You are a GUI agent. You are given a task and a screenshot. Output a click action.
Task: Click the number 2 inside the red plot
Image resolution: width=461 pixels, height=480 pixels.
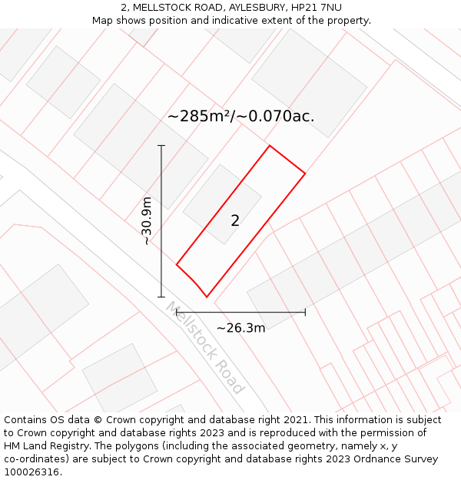click(235, 221)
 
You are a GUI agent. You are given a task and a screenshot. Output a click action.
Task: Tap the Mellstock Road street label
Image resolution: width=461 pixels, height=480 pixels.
click(204, 347)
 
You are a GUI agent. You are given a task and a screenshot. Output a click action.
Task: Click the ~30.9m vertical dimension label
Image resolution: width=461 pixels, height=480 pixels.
click(147, 221)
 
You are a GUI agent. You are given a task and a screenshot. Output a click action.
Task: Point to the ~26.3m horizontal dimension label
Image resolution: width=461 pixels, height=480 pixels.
click(240, 328)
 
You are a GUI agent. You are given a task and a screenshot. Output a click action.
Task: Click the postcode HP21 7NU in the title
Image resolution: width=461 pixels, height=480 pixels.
click(317, 8)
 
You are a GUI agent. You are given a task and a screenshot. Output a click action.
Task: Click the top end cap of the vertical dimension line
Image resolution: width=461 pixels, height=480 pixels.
click(161, 145)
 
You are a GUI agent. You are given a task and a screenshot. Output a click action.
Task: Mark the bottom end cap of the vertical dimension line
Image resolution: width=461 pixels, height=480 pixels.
click(161, 296)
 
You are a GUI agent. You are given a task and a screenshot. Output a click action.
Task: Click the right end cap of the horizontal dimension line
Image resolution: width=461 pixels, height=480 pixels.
click(305, 312)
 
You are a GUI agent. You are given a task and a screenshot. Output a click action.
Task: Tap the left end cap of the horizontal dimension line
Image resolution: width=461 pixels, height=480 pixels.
click(177, 312)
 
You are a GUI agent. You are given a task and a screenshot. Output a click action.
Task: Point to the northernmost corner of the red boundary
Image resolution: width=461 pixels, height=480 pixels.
click(270, 146)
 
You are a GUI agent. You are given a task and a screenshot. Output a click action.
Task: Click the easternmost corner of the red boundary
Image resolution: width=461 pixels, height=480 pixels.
click(305, 174)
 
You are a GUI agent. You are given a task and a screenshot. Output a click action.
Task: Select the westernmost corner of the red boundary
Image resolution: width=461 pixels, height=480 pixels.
click(177, 265)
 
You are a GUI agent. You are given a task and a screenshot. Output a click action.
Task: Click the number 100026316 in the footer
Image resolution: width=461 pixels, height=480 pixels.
click(32, 472)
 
